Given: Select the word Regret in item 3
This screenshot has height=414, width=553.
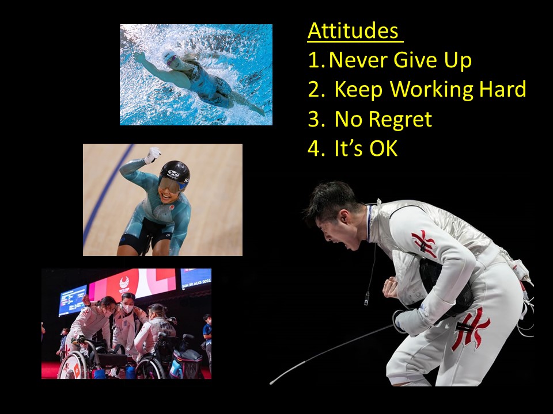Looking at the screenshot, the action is pyautogui.click(x=401, y=120).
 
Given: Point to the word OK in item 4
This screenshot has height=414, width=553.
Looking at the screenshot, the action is pyautogui.click(x=383, y=148).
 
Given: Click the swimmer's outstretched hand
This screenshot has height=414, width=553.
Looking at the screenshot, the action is pyautogui.click(x=139, y=57).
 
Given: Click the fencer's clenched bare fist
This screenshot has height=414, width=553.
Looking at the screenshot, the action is pyautogui.click(x=390, y=287).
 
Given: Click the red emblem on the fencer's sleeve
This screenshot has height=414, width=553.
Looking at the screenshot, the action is pyautogui.click(x=425, y=243).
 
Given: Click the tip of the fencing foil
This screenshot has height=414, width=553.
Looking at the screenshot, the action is pyautogui.click(x=271, y=383).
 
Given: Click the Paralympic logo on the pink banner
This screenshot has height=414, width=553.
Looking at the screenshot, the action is pyautogui.click(x=124, y=284).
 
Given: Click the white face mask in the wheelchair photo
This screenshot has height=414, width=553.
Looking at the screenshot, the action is pyautogui.click(x=128, y=309).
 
